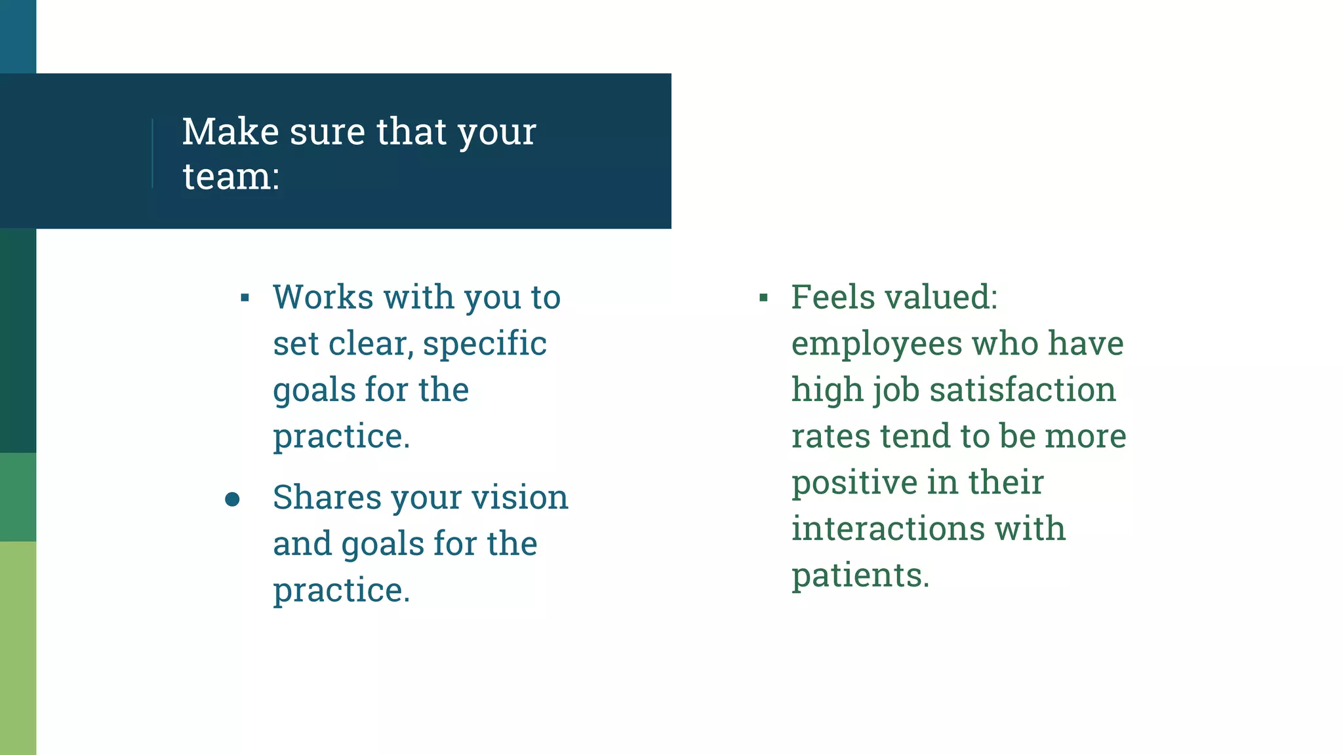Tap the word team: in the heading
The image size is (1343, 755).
coord(231,177)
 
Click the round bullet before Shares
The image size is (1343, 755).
coord(232,499)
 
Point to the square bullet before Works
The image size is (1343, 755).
coord(245,298)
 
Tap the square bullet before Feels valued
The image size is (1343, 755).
coord(763,298)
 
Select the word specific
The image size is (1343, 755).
coord(485,344)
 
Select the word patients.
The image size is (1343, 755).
coord(860,576)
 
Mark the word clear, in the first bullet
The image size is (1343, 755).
coord(371,344)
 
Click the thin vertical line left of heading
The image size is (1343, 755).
coord(153,153)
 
